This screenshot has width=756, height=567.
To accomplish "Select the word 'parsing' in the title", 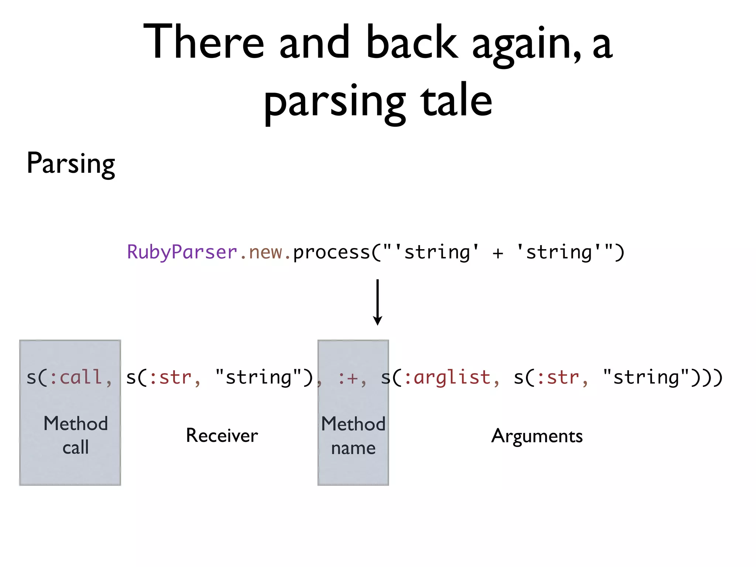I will (334, 102).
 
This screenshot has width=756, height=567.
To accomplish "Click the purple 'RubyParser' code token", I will (182, 252).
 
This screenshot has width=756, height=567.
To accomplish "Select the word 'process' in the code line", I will (331, 252).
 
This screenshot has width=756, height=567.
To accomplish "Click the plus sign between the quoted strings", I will (498, 253).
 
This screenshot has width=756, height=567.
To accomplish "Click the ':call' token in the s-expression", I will (76, 378).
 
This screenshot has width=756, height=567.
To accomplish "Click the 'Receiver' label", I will (222, 436).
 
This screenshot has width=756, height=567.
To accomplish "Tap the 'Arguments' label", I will (537, 436).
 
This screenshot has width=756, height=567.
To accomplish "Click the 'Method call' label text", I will (76, 435).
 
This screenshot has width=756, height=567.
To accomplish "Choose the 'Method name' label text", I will (353, 436).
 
